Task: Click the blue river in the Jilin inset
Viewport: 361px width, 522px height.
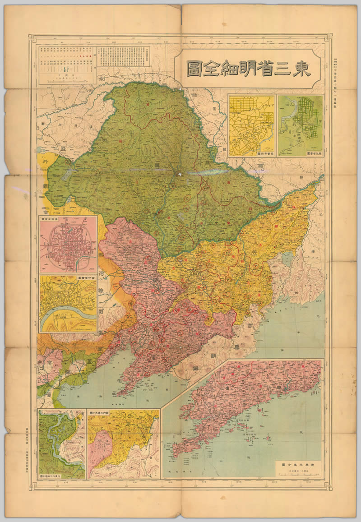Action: (x=68, y=321)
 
